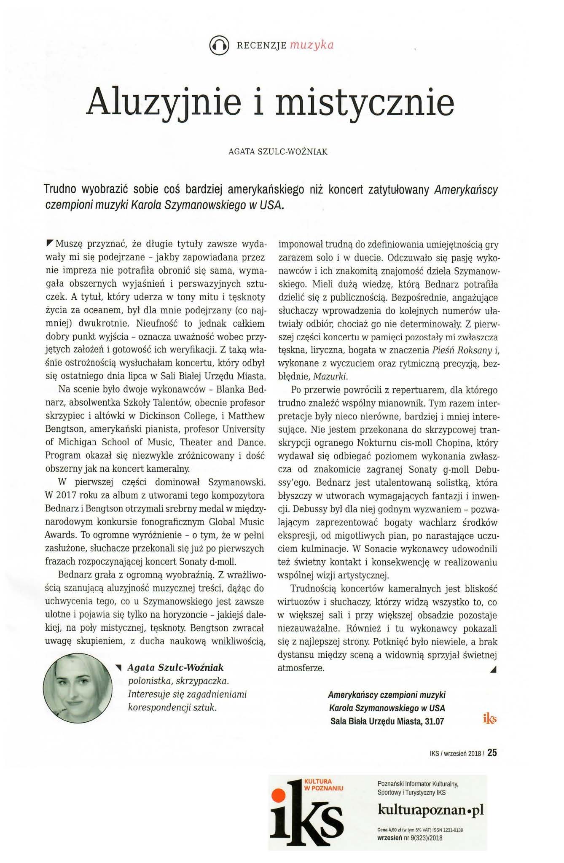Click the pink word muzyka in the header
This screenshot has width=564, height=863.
click(x=312, y=45)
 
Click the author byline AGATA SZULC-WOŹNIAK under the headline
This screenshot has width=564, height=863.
click(x=278, y=152)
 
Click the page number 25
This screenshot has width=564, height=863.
click(x=492, y=753)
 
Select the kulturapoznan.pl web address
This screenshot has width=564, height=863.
click(x=431, y=810)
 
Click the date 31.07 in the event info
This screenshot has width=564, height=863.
click(x=435, y=721)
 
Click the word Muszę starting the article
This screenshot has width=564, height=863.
click(x=68, y=244)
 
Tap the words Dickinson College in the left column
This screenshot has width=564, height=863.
click(x=177, y=416)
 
